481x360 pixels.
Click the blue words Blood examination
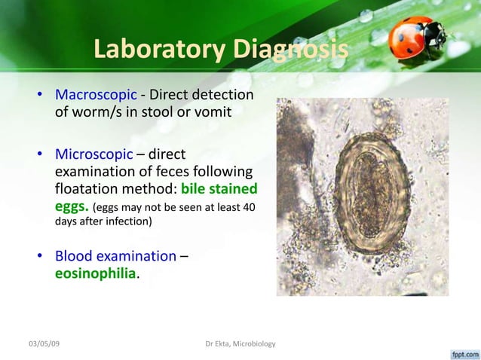pos(116,257)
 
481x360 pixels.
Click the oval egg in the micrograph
pos(367,192)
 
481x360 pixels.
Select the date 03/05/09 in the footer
pos(44,344)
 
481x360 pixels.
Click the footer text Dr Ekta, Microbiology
pos(240,344)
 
